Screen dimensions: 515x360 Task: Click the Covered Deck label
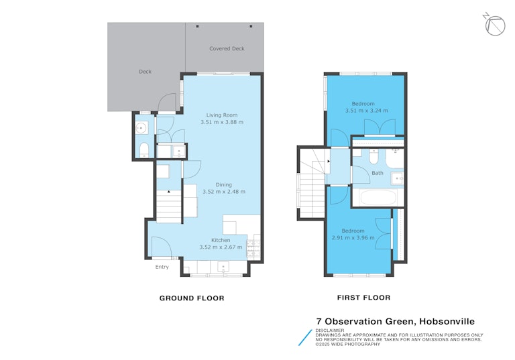(227, 49)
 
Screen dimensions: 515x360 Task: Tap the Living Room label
(222, 115)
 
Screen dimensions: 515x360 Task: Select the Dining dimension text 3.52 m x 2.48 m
(224, 192)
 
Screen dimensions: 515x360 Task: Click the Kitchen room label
(221, 240)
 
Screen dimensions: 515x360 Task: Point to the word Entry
(162, 267)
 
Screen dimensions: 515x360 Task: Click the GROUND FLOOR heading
(192, 298)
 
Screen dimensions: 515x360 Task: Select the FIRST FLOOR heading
(363, 298)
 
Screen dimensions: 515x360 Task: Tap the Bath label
(378, 173)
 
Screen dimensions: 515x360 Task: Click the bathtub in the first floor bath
(378, 197)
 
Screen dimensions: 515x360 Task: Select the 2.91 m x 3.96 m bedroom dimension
(353, 237)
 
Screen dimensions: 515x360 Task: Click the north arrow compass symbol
(495, 25)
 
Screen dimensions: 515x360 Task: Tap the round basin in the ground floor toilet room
(141, 127)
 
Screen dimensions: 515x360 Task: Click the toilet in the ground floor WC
(144, 149)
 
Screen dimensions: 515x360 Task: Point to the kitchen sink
(223, 267)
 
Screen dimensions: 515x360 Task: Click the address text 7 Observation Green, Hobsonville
(396, 321)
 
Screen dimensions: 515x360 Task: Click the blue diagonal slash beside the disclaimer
(305, 338)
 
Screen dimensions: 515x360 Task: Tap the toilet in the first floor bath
(374, 157)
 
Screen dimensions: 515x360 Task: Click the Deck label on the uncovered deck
(145, 72)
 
